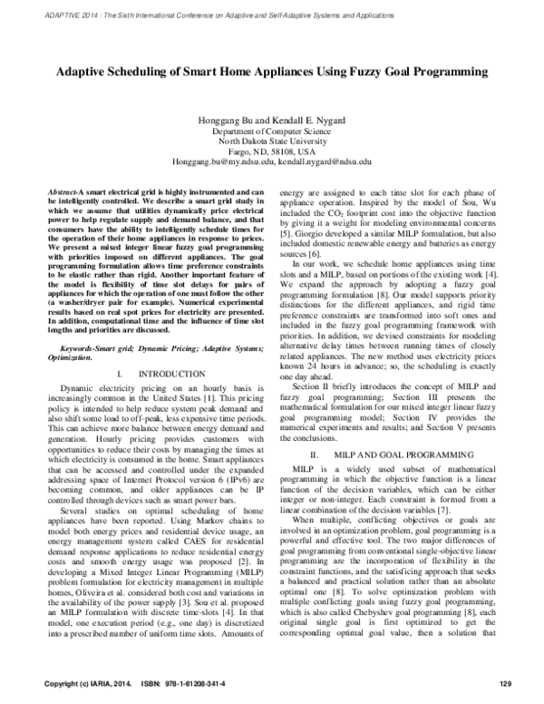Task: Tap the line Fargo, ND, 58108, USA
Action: (x=272, y=152)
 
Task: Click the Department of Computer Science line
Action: (x=272, y=132)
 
